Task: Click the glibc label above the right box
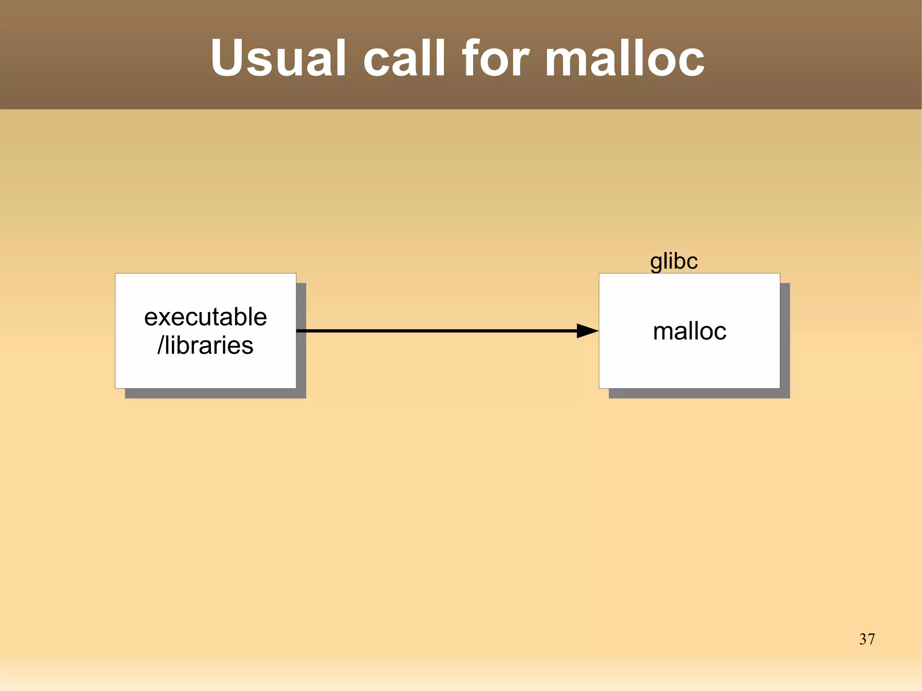coord(673,261)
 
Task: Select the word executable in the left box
coord(205,317)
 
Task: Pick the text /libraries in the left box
coord(205,345)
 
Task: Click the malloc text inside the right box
coord(689,331)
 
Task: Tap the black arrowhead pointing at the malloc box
coord(587,331)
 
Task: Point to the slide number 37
coord(867,639)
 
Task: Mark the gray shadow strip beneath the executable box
coord(215,393)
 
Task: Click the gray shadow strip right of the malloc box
coord(785,338)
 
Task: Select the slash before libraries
coord(160,345)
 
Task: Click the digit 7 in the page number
coord(871,639)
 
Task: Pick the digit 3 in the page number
coord(863,639)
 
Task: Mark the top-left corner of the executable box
coord(116,274)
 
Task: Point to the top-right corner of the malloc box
coord(779,274)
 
